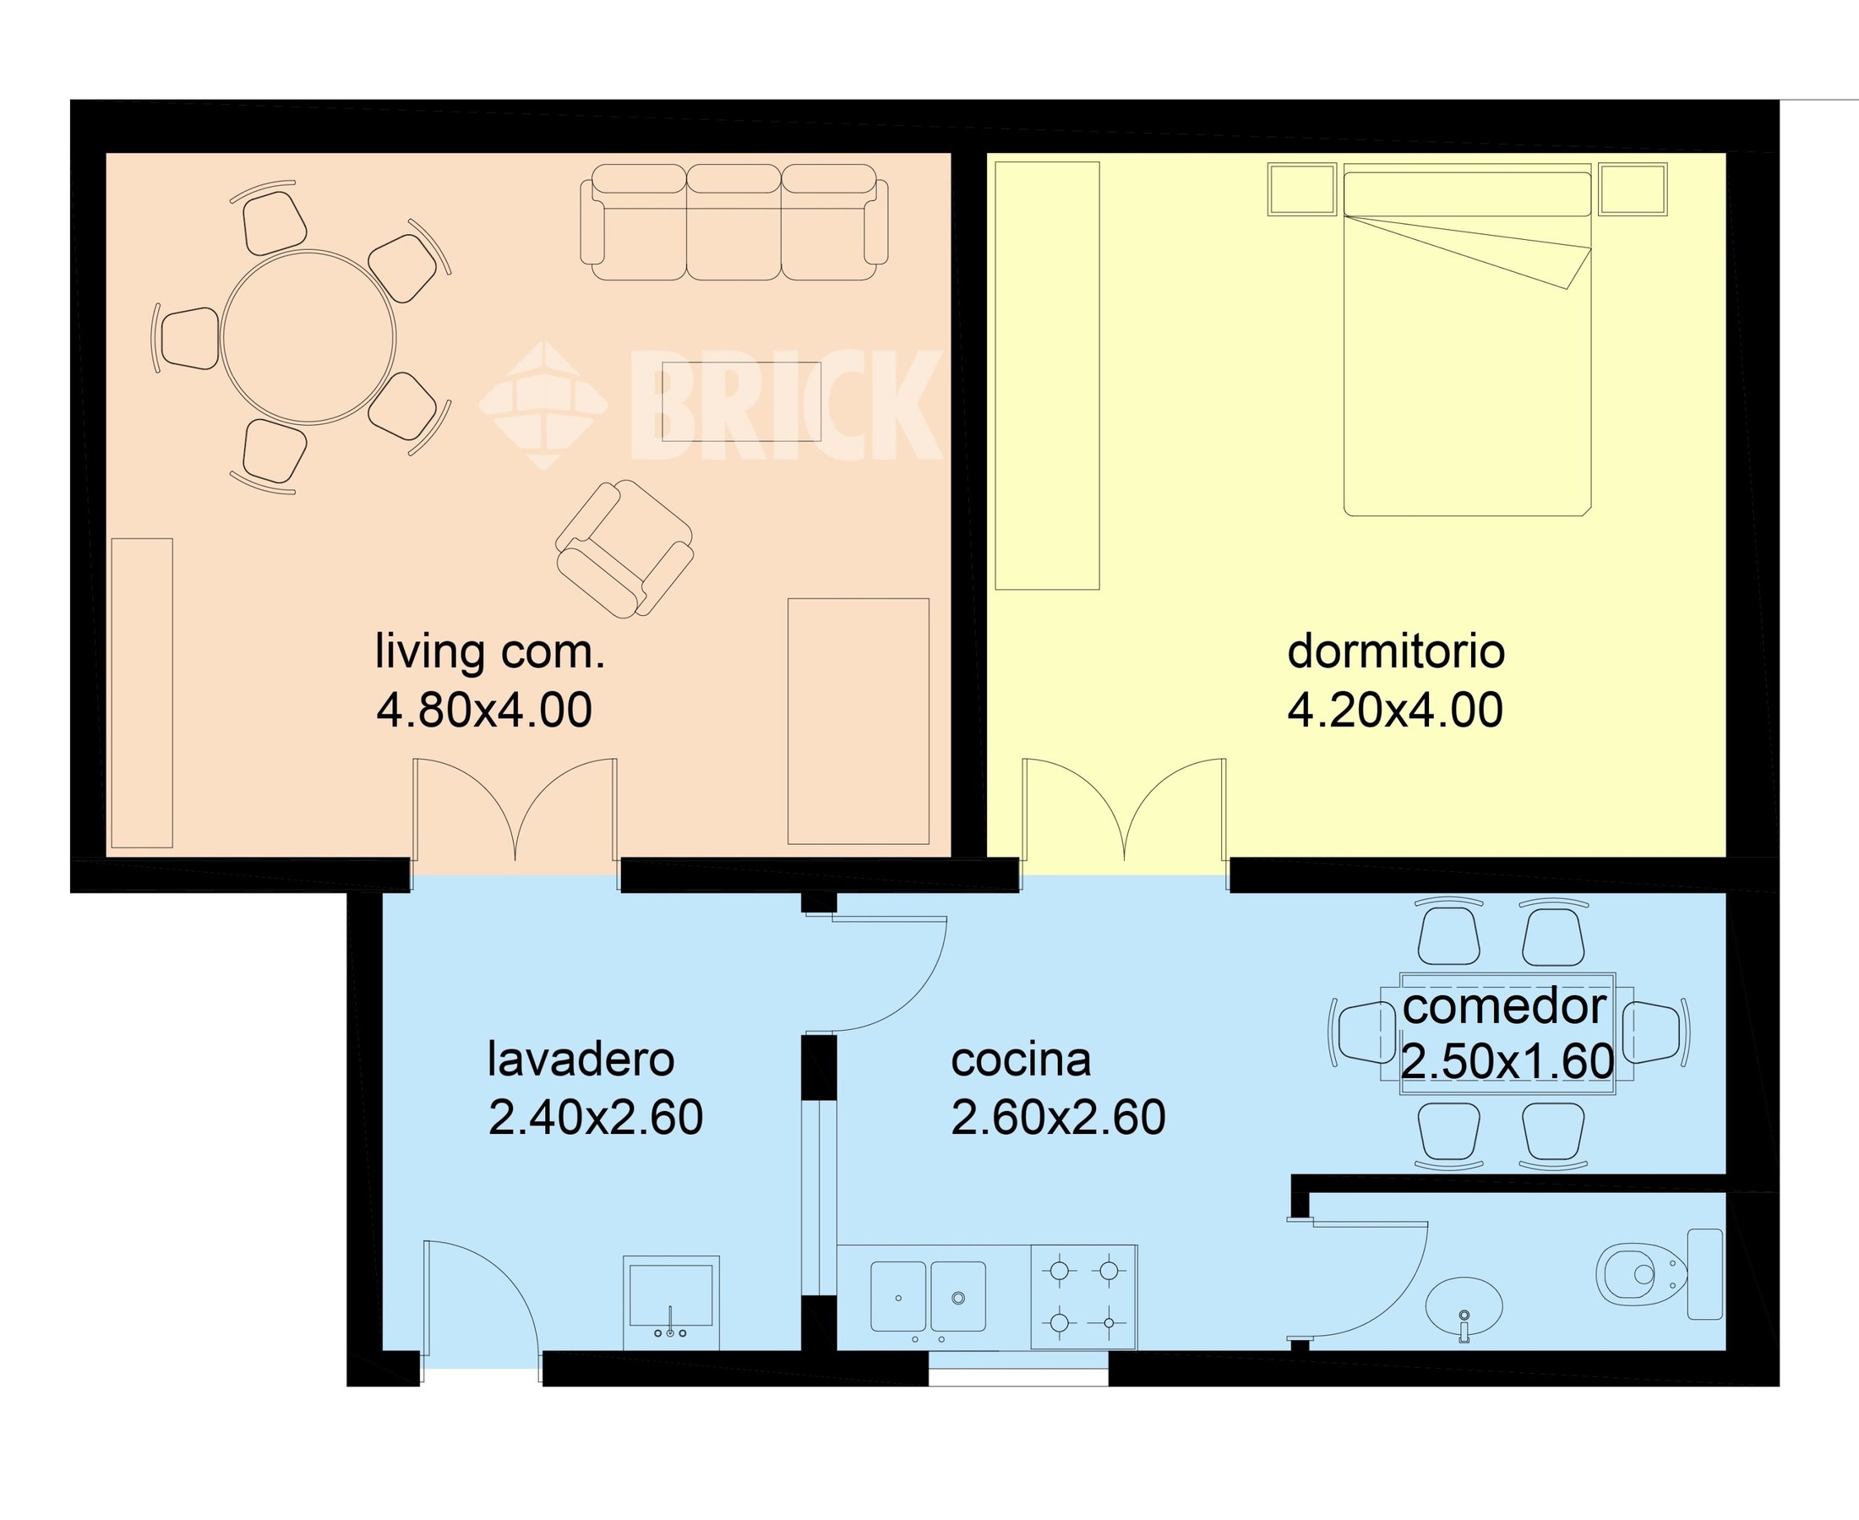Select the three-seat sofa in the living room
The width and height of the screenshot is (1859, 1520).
[733, 222]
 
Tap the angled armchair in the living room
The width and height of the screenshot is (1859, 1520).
[624, 550]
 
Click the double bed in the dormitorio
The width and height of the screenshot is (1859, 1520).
[1468, 340]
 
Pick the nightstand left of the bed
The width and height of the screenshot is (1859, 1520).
[1302, 189]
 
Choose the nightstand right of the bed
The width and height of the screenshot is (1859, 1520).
[1633, 189]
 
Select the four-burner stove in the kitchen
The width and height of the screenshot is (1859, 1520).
[1084, 1297]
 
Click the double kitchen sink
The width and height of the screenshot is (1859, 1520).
[928, 1297]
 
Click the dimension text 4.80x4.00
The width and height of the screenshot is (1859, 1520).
[484, 710]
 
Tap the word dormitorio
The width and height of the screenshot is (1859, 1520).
[1396, 651]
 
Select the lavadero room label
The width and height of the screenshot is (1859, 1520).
[581, 1059]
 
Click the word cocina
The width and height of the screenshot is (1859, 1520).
[1021, 1060]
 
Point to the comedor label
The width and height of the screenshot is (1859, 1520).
[1504, 1007]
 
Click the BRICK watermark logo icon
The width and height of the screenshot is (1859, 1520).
[542, 405]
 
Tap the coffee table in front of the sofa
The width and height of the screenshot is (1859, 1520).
[741, 401]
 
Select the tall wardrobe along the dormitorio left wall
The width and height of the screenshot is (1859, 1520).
[1047, 376]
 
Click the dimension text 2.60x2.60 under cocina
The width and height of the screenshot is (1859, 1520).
[1058, 1118]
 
